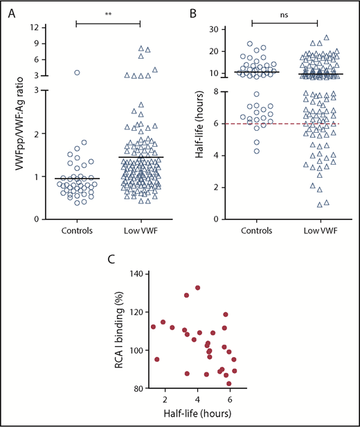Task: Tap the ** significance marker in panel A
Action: click(107, 13)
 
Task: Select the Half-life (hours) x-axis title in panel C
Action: click(197, 414)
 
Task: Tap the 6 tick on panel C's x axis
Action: click(231, 399)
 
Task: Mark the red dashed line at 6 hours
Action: click(291, 123)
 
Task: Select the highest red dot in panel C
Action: click(198, 288)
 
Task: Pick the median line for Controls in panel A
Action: click(77, 179)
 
